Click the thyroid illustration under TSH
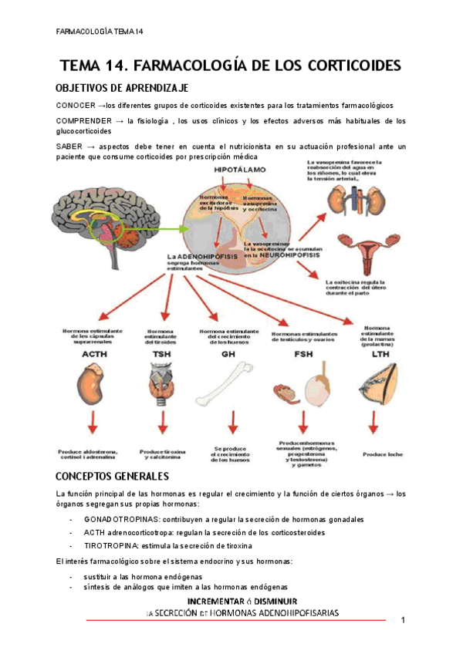(x=163, y=385)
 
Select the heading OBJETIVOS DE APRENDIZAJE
(x=123, y=87)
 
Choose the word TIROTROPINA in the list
(x=109, y=545)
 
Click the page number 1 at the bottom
(x=403, y=621)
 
